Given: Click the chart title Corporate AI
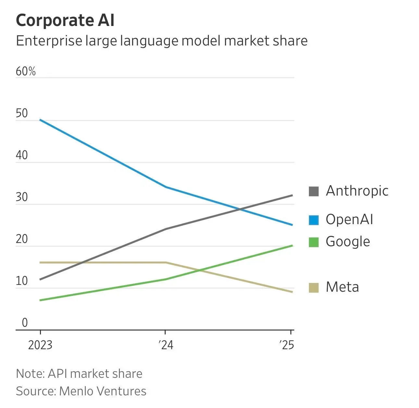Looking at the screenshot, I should (x=65, y=20).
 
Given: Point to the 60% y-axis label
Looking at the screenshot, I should (x=26, y=71).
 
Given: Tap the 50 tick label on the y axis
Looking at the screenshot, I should (x=22, y=113).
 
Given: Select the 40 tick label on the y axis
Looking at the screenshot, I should (x=22, y=155).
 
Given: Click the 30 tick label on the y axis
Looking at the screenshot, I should (x=22, y=197).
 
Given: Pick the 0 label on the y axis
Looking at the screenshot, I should (x=25, y=323).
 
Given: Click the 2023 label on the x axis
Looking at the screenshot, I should (x=40, y=345).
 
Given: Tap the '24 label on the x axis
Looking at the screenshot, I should (x=166, y=345).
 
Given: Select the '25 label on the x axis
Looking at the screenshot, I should (x=286, y=345).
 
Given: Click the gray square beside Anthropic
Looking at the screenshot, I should (x=313, y=191).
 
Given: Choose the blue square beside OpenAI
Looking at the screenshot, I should (x=313, y=220).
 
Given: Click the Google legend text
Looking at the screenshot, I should (x=348, y=242).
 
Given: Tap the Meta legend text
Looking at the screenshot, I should (x=342, y=287).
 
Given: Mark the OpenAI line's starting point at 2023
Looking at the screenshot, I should (x=40, y=120).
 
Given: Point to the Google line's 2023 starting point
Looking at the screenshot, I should (x=40, y=300).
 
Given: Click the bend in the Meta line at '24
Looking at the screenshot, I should (x=166, y=262).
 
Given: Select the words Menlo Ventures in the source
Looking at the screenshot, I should (x=103, y=391).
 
